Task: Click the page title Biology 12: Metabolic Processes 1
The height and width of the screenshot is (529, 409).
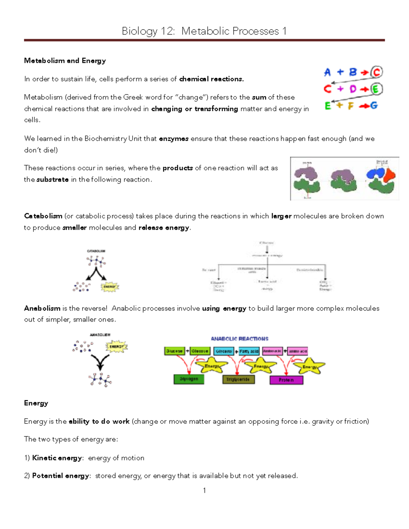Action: click(204, 31)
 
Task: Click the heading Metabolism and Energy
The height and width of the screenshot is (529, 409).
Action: click(65, 61)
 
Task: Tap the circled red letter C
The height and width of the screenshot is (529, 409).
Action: click(377, 72)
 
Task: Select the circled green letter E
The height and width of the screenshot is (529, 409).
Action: click(376, 89)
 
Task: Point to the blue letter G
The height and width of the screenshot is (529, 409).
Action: click(374, 106)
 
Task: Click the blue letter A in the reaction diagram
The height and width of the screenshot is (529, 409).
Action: click(327, 72)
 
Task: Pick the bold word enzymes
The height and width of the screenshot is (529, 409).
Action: click(174, 139)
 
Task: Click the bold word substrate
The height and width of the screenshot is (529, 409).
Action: click(52, 180)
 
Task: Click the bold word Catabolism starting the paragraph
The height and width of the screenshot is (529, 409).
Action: click(43, 216)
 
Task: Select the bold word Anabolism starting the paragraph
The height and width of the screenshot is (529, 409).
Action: click(42, 308)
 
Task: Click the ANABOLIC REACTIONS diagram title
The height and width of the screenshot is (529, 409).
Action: click(240, 339)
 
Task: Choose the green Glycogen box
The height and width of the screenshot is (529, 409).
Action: click(189, 379)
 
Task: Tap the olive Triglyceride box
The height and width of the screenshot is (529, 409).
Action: click(238, 379)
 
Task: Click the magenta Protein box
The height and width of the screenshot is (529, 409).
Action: click(286, 380)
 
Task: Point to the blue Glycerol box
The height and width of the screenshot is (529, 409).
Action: click(224, 351)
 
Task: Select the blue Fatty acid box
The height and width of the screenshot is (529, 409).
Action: click(249, 351)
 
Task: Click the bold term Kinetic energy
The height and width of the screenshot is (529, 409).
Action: click(57, 458)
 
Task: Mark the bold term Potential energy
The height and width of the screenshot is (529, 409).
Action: click(61, 476)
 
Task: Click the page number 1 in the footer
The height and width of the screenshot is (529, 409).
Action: click(204, 491)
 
